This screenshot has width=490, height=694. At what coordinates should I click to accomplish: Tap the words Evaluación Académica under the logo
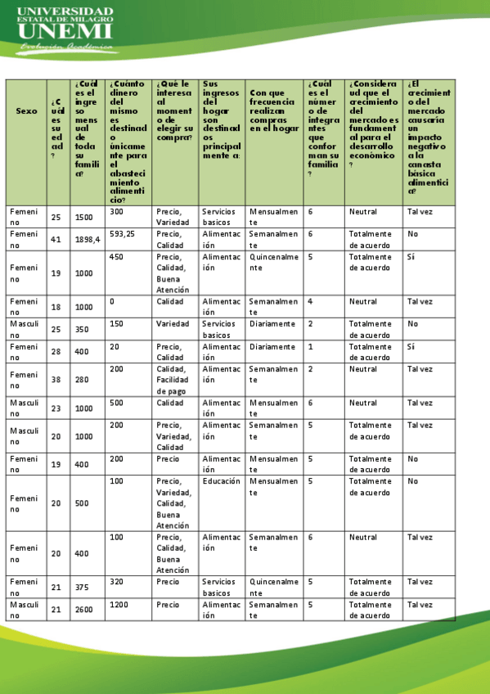[65, 47]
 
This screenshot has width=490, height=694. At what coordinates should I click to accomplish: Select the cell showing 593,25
[122, 234]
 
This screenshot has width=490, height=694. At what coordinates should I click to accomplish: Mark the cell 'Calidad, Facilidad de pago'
[174, 380]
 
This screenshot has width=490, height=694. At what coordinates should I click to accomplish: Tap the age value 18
[56, 307]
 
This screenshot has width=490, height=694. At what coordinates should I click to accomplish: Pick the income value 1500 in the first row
[83, 217]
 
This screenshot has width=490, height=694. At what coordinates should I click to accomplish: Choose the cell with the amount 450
[117, 256]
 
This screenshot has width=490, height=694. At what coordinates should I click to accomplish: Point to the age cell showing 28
[56, 352]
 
